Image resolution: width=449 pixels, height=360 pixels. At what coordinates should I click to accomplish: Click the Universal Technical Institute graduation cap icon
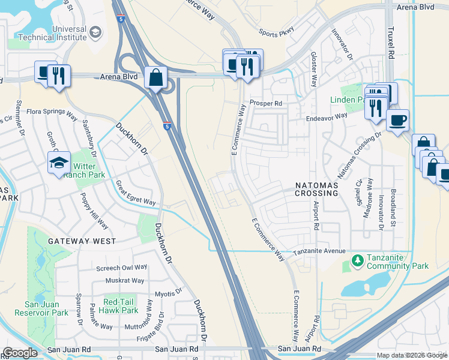(x=95, y=33)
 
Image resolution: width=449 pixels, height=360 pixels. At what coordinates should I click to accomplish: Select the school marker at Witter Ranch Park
(x=59, y=163)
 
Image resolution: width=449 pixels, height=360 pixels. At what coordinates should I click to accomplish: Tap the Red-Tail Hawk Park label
(x=121, y=305)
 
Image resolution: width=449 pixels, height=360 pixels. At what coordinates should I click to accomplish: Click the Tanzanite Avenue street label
(x=319, y=251)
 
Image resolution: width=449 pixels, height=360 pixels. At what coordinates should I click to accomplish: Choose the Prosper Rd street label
(x=266, y=103)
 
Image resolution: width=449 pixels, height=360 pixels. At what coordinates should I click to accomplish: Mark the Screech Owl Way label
(x=122, y=268)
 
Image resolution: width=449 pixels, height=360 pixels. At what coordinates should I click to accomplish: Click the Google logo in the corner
(x=20, y=353)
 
